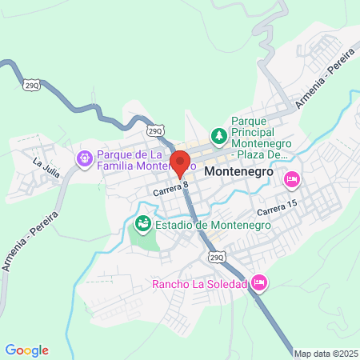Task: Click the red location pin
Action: pyautogui.click(x=181, y=162)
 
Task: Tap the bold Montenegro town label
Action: pyautogui.click(x=239, y=172)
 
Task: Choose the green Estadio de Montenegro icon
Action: pyautogui.click(x=142, y=223)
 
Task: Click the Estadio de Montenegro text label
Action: pyautogui.click(x=212, y=224)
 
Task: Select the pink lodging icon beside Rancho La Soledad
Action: pyautogui.click(x=258, y=282)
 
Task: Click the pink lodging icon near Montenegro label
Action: pyautogui.click(x=291, y=178)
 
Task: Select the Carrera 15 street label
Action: pyautogui.click(x=277, y=210)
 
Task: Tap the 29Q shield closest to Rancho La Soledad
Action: pyautogui.click(x=217, y=257)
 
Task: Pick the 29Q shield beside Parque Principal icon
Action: pyautogui.click(x=156, y=129)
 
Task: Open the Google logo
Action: pyautogui.click(x=27, y=350)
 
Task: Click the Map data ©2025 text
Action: pyautogui.click(x=326, y=353)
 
